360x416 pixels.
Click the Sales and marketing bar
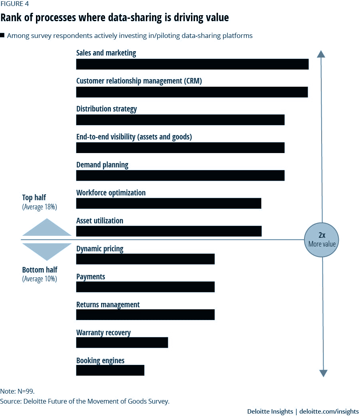click(x=192, y=64)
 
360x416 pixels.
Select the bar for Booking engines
click(x=110, y=370)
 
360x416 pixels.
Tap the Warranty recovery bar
click(x=122, y=342)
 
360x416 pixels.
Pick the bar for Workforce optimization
click(x=169, y=203)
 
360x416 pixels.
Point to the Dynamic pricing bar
click(x=145, y=259)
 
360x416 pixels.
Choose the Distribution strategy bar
click(x=180, y=120)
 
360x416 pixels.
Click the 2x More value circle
click(x=322, y=240)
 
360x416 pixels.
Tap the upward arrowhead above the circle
click(x=321, y=54)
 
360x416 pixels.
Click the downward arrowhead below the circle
click(x=323, y=373)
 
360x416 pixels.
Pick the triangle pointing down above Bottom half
click(x=47, y=252)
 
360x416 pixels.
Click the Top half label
click(x=34, y=198)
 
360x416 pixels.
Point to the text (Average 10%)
click(x=40, y=279)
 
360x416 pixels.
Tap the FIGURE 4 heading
click(x=15, y=4)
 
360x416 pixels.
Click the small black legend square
click(x=2, y=35)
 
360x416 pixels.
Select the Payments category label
click(x=91, y=277)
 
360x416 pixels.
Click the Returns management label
click(x=108, y=305)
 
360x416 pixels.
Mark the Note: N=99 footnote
click(x=17, y=391)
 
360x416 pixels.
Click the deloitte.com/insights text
click(x=329, y=411)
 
